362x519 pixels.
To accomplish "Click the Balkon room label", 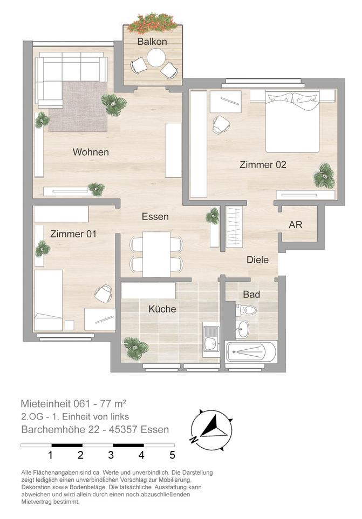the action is coord(152,42).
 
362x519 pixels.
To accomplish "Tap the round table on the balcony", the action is coord(156,58).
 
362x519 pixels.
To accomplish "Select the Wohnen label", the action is coord(91,152).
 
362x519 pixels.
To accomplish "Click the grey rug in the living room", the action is coord(78,107).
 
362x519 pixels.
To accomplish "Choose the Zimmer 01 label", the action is coord(73,234).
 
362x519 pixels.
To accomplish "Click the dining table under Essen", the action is coord(156,254).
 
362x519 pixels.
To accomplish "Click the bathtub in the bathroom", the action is coord(251,352).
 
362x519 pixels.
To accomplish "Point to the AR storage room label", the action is coord(295,225).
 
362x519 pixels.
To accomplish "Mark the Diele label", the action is coord(258,260).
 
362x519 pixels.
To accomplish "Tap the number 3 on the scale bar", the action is coord(111,455).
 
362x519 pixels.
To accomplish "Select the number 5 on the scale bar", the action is coord(173,455).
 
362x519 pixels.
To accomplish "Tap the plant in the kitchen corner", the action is coord(136,348).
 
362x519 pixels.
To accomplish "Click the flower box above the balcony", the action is coord(153,23).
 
